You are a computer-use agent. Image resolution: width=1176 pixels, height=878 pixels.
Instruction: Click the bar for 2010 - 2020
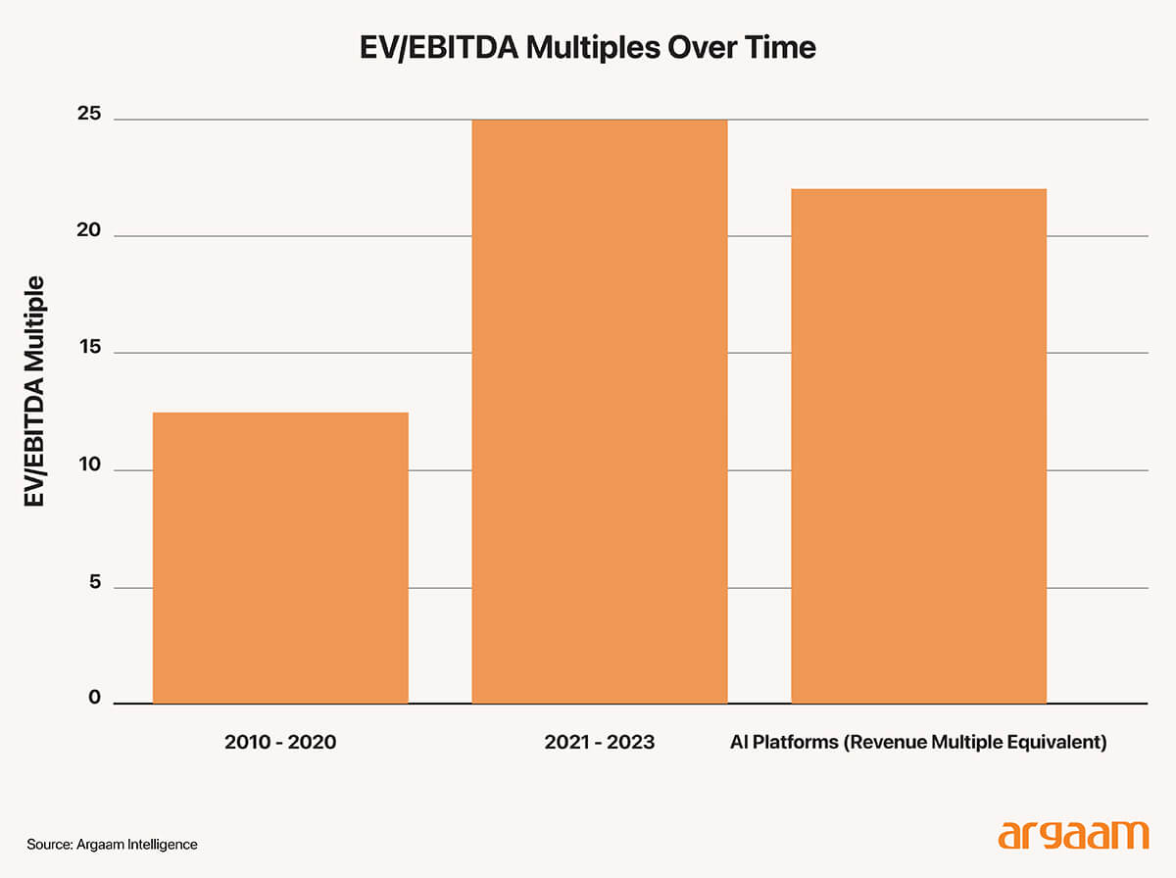pos(280,558)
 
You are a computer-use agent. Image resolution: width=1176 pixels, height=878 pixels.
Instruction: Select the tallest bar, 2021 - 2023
pos(600,412)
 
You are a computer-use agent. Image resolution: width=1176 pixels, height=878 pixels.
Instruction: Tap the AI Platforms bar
pos(918,446)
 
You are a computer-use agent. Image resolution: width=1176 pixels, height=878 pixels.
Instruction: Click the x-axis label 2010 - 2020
pos(280,743)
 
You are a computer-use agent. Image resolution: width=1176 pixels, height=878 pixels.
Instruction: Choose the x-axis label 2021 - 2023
pos(600,743)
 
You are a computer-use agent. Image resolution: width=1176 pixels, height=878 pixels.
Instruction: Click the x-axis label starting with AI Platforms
pos(918,743)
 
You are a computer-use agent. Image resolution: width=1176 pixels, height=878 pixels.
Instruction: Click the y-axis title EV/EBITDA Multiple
pos(36,392)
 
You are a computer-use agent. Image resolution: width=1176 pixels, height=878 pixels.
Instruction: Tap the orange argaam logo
pos(1072,836)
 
